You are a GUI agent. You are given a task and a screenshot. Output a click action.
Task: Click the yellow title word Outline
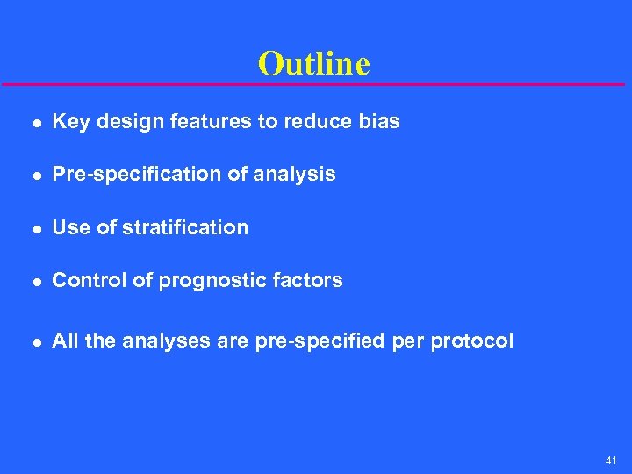314,63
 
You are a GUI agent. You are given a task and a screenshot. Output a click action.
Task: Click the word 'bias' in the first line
379,122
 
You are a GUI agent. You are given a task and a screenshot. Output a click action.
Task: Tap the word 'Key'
71,122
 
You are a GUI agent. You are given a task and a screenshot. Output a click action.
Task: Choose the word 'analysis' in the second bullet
294,175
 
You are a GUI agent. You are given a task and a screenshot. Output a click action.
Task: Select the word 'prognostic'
198,282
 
